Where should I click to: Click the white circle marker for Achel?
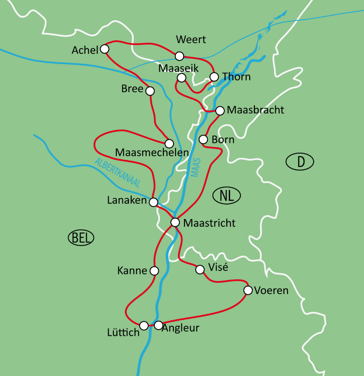tap(104, 49)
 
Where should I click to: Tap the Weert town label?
tap(191, 40)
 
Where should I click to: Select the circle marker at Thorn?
tap(214, 77)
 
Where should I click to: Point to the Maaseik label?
tap(178, 68)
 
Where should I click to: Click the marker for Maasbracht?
tap(220, 110)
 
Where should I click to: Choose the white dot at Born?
tap(204, 139)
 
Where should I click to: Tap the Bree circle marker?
tap(150, 91)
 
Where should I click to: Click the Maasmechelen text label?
tap(152, 152)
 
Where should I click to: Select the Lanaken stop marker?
tap(153, 202)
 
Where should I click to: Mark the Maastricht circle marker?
tap(175, 222)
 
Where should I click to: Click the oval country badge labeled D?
tap(300, 162)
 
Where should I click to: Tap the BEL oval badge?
tap(81, 238)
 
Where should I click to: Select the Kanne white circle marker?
tap(154, 271)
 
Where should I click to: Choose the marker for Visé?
tap(200, 270)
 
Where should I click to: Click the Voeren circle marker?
tap(248, 290)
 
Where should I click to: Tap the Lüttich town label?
tap(124, 332)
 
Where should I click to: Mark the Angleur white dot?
tap(158, 325)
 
